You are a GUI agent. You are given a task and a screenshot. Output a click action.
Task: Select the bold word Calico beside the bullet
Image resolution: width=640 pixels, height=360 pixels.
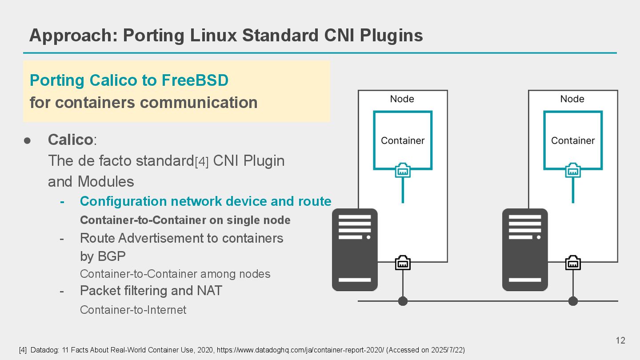tap(70, 140)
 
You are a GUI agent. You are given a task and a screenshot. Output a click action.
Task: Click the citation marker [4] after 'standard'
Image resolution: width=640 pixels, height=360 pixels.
tap(202, 162)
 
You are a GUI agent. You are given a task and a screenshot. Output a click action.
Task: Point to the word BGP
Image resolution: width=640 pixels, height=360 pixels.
tap(103, 256)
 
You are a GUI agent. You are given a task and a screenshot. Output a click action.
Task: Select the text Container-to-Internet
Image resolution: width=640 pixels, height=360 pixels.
tap(133, 310)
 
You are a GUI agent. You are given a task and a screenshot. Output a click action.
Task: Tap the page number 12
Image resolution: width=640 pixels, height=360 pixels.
tap(620, 340)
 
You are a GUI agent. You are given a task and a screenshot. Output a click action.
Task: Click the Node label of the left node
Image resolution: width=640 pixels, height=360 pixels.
tap(402, 99)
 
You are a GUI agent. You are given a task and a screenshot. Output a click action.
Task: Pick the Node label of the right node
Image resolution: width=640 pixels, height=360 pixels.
tap(572, 99)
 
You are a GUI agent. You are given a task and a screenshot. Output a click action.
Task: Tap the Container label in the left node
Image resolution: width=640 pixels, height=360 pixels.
tap(403, 141)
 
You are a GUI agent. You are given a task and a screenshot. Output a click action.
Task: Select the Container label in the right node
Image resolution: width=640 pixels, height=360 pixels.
tap(573, 141)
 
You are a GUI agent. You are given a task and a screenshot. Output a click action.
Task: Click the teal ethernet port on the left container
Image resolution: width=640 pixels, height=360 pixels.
tap(403, 170)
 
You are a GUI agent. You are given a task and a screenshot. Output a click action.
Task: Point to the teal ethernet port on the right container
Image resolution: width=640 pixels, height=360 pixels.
tap(573, 170)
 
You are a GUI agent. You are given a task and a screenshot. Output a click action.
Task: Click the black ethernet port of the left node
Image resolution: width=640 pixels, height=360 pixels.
tap(403, 263)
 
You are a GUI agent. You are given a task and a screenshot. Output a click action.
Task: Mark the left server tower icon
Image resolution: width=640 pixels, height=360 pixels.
tap(355, 250)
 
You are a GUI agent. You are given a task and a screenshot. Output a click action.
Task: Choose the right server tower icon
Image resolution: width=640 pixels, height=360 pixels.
tap(525, 250)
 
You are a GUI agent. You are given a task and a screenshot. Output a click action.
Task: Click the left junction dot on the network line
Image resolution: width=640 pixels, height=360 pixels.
tap(403, 301)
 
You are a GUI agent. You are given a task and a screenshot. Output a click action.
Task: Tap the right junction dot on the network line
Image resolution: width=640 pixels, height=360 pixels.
tap(573, 301)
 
